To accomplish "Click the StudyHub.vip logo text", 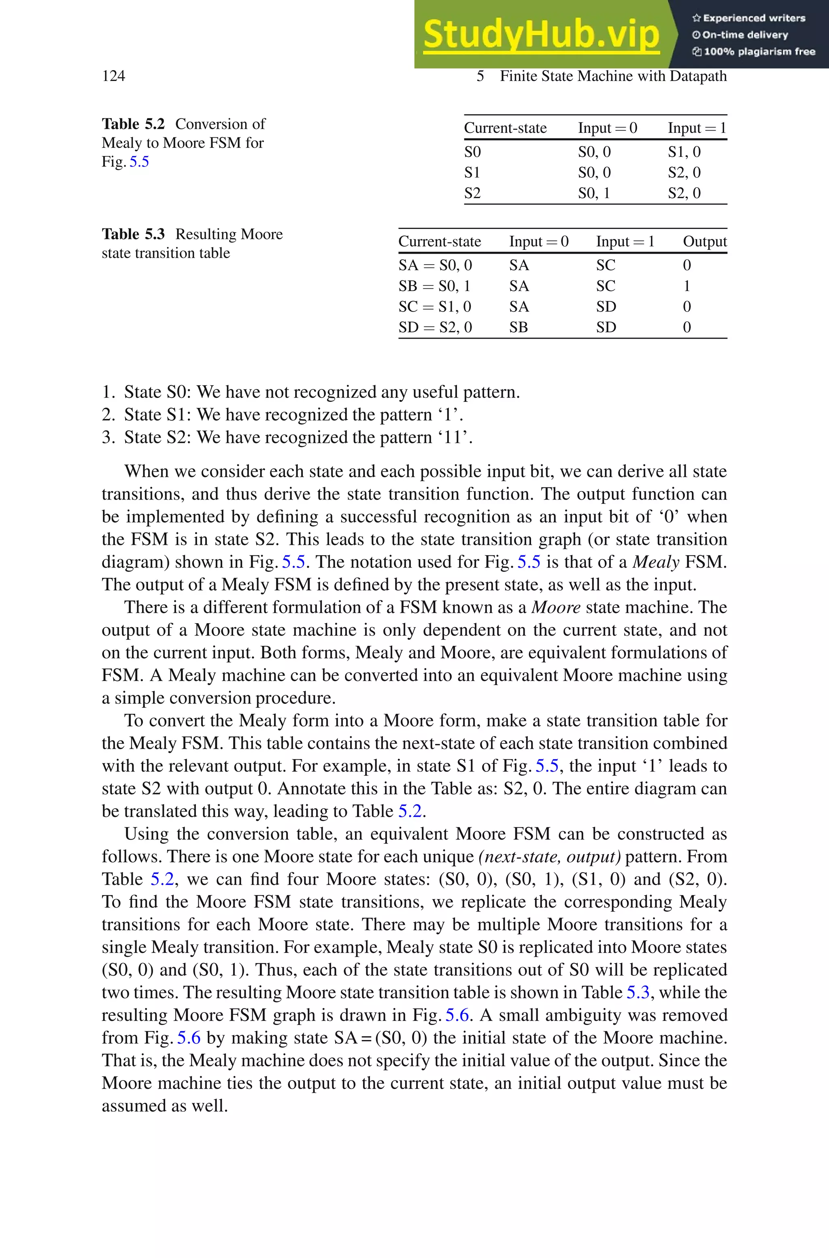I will [541, 34].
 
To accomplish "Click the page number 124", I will [113, 76].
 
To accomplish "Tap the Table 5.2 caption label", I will [133, 124].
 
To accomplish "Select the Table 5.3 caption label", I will [133, 234].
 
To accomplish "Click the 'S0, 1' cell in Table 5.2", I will [594, 193].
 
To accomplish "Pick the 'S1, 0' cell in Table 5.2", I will [684, 152].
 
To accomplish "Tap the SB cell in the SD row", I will [518, 327].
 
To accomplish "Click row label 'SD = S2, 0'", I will [435, 327].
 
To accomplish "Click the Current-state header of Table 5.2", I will [505, 128].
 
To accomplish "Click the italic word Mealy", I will [656, 562].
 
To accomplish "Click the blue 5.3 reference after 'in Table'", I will [637, 993].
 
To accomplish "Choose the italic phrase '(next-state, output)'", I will [549, 856].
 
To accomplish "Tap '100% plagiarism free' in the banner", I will [759, 52].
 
